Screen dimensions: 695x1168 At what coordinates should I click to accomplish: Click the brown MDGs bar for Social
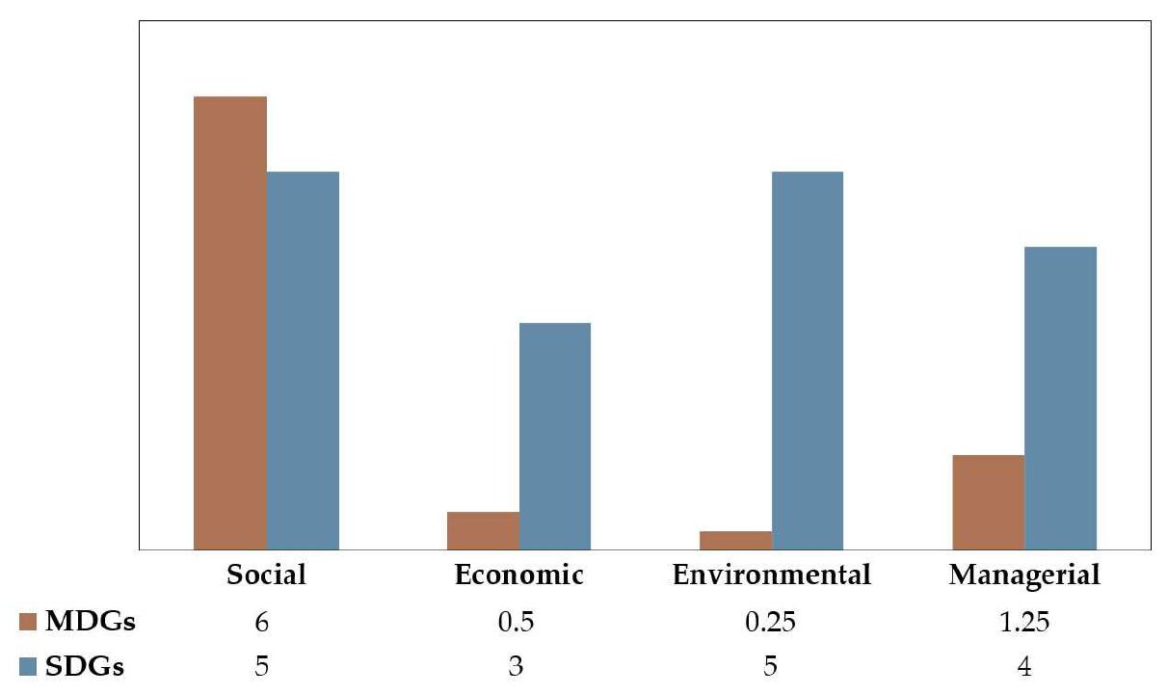229,323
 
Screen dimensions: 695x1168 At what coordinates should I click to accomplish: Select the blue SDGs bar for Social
303,361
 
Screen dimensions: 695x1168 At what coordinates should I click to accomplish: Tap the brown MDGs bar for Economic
483,531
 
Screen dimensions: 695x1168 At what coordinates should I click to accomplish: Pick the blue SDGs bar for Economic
555,436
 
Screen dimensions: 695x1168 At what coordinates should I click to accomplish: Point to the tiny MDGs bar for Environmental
736,541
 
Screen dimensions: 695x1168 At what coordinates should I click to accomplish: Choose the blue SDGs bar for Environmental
808,361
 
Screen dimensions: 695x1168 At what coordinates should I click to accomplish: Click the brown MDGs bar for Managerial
988,502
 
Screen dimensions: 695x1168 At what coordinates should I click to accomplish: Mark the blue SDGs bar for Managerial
1060,398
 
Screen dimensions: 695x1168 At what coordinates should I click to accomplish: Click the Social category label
266,575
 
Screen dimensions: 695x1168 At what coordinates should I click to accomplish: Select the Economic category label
518,575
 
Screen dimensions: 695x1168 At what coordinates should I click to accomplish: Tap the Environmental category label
771,575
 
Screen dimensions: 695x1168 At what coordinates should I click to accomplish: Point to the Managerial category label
1023,576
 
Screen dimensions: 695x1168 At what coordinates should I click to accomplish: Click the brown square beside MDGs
28,623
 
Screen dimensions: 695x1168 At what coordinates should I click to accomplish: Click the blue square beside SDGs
28,667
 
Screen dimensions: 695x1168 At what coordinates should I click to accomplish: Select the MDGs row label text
91,623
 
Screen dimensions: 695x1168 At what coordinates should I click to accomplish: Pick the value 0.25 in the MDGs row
771,623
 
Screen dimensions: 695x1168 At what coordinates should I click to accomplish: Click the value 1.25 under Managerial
1023,623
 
